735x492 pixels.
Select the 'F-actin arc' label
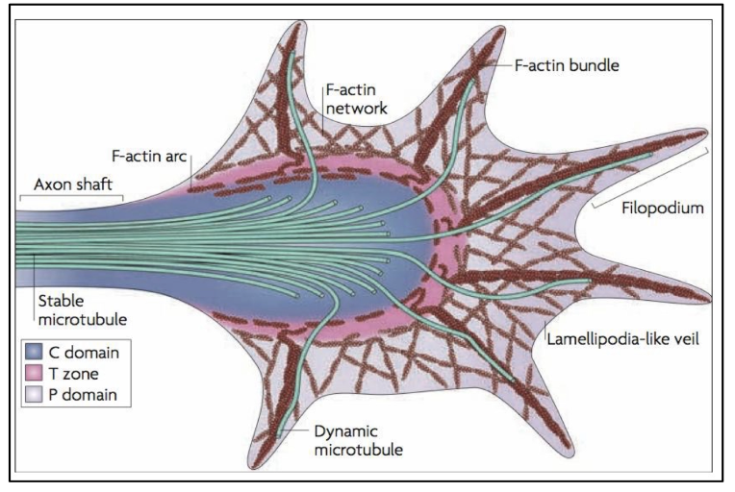pos(143,154)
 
